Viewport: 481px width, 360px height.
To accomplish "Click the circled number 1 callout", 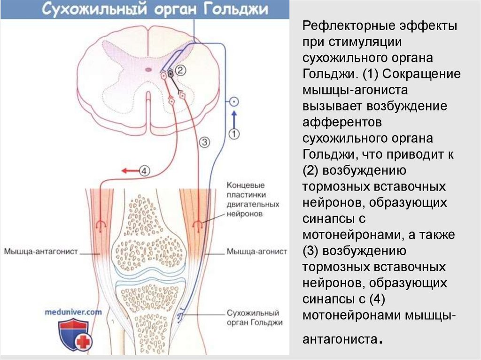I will [x=234, y=134].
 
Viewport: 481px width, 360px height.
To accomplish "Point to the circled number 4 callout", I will [x=145, y=171].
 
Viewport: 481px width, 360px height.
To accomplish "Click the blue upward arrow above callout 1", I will [x=234, y=117].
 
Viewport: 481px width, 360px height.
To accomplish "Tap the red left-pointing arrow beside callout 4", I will [x=129, y=171].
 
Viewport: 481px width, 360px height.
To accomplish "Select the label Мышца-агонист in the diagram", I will [x=256, y=252].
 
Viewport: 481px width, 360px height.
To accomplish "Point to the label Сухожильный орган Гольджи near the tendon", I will [x=254, y=318].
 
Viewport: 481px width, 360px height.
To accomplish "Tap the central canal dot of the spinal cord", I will [x=148, y=69].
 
